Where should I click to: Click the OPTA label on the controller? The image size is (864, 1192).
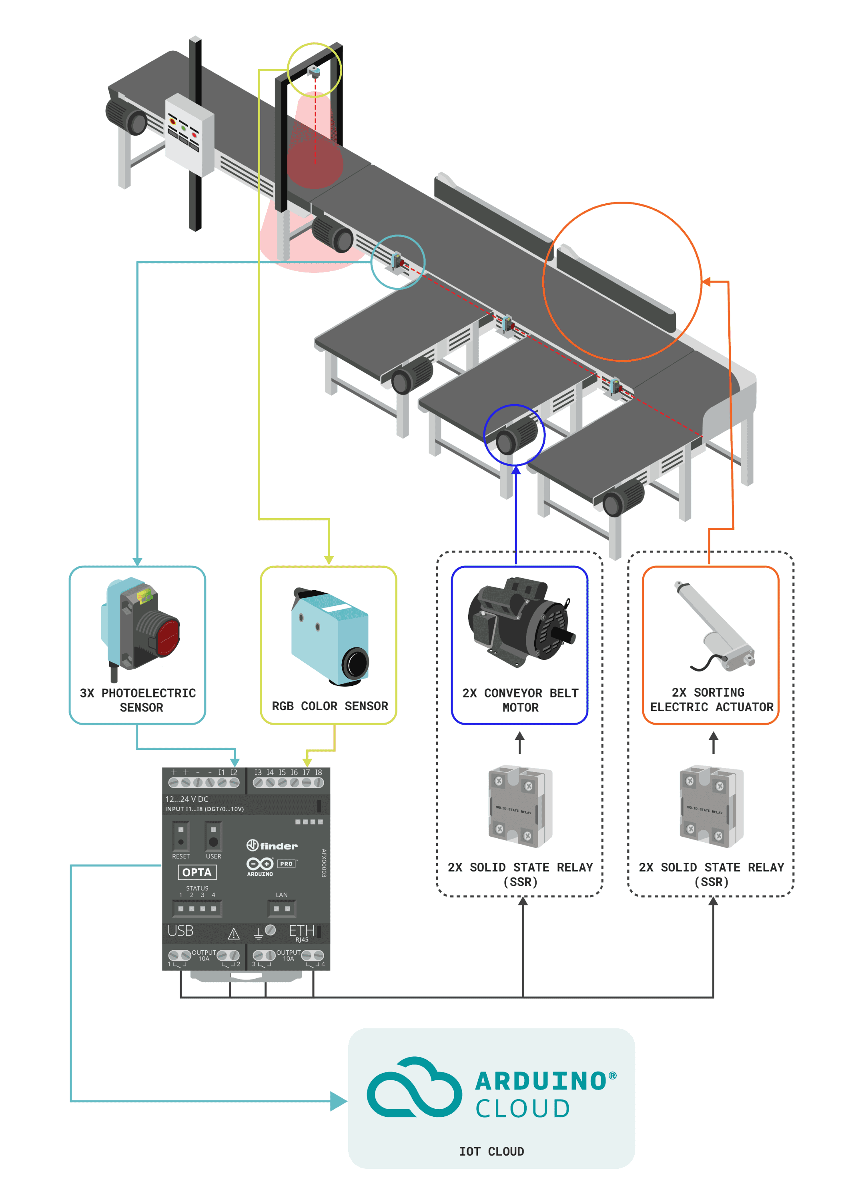197,872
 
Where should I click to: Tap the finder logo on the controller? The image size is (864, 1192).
272,845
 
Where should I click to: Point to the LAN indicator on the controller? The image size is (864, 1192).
282,908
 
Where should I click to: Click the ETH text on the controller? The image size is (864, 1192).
302,931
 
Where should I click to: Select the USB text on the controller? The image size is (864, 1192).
180,931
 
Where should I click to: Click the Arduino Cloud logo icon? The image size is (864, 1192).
414,1088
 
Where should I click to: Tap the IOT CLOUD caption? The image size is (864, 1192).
491,1152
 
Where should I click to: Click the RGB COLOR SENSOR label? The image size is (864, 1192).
329,706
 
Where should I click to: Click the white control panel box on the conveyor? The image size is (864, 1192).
189,134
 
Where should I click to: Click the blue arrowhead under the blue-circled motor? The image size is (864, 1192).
516,471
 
